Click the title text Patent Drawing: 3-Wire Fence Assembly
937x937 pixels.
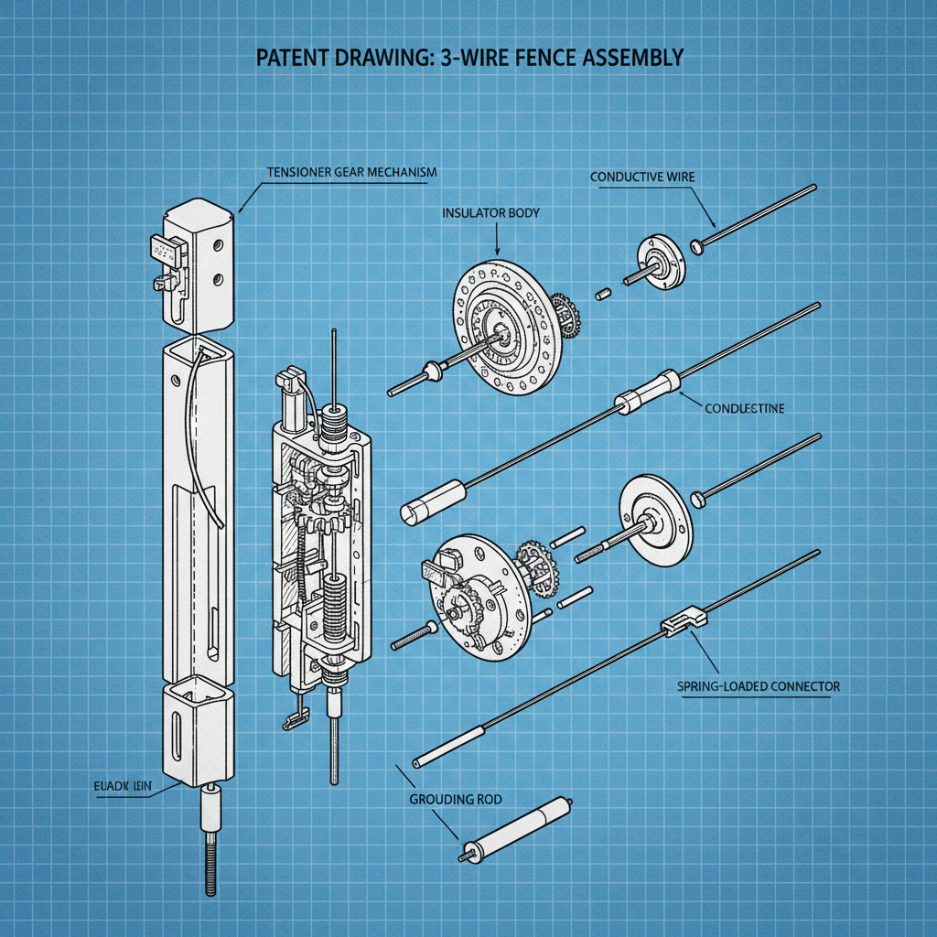click(468, 58)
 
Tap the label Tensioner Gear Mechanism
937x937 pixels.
click(351, 172)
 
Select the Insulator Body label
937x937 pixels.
click(490, 213)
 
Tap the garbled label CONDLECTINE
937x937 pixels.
click(744, 409)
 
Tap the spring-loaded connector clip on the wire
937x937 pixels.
click(684, 621)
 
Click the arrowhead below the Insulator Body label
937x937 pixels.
click(497, 251)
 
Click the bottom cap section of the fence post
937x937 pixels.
click(197, 732)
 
